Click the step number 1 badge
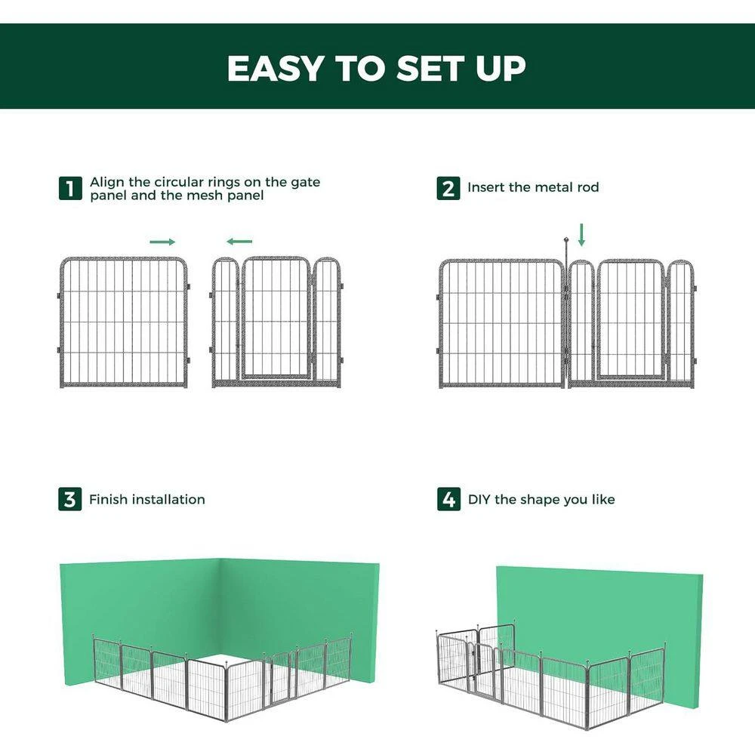(x=70, y=188)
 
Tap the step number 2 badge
(x=448, y=188)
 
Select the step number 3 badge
(x=70, y=499)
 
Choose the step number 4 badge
(x=448, y=499)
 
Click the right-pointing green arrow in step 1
(x=162, y=242)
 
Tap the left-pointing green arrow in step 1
(x=239, y=242)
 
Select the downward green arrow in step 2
(x=581, y=235)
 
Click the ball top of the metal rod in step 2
(x=567, y=239)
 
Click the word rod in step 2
(x=588, y=186)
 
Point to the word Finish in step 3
(x=109, y=499)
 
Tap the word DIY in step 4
(x=479, y=499)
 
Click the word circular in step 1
(x=179, y=182)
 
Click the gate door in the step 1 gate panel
(x=276, y=317)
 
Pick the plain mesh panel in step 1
(x=123, y=322)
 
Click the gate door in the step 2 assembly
(x=630, y=319)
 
